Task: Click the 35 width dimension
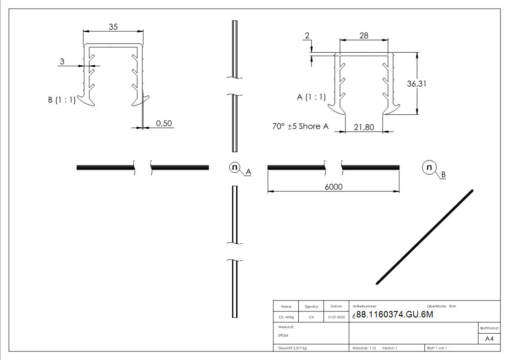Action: click(113, 27)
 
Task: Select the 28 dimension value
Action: click(364, 35)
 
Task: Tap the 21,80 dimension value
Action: click(364, 127)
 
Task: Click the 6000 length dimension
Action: click(333, 187)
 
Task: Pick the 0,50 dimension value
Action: click(164, 123)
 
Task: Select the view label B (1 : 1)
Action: click(62, 101)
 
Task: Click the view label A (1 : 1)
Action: click(312, 97)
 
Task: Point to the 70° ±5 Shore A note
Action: click(300, 126)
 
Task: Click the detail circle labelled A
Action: click(235, 168)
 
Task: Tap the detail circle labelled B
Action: click(429, 168)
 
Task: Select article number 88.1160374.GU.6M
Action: click(394, 316)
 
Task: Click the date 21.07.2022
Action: click(336, 317)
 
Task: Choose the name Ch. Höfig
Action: click(286, 317)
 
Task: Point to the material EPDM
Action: click(283, 336)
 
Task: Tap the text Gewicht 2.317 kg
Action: click(293, 348)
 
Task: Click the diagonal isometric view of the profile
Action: click(425, 237)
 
